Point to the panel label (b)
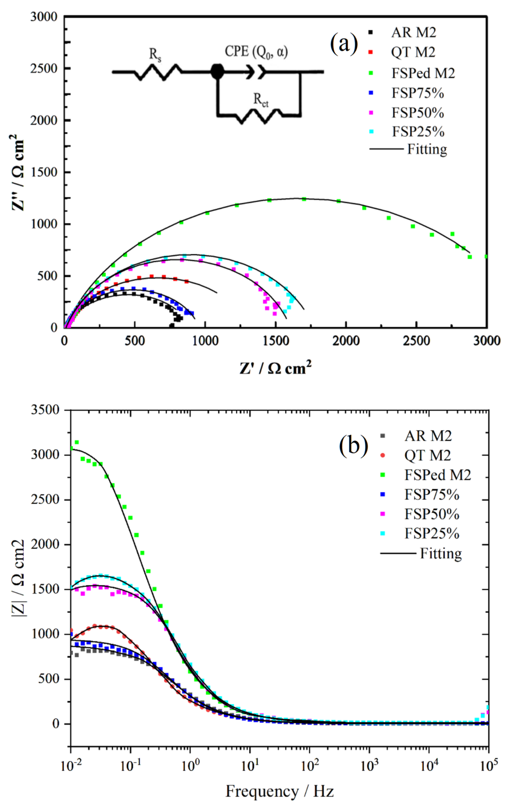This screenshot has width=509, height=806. click(353, 447)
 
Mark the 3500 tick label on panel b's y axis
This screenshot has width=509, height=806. click(45, 410)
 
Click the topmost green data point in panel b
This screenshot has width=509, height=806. click(77, 442)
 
